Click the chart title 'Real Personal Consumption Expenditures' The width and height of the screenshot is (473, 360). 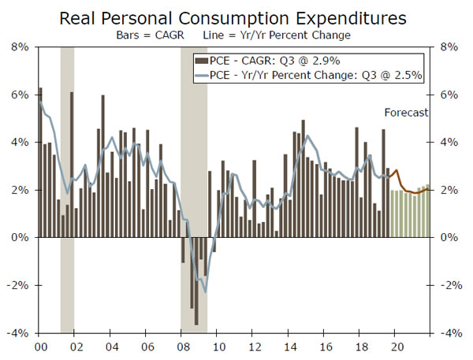coord(236,17)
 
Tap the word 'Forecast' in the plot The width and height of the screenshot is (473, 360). coord(406,113)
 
